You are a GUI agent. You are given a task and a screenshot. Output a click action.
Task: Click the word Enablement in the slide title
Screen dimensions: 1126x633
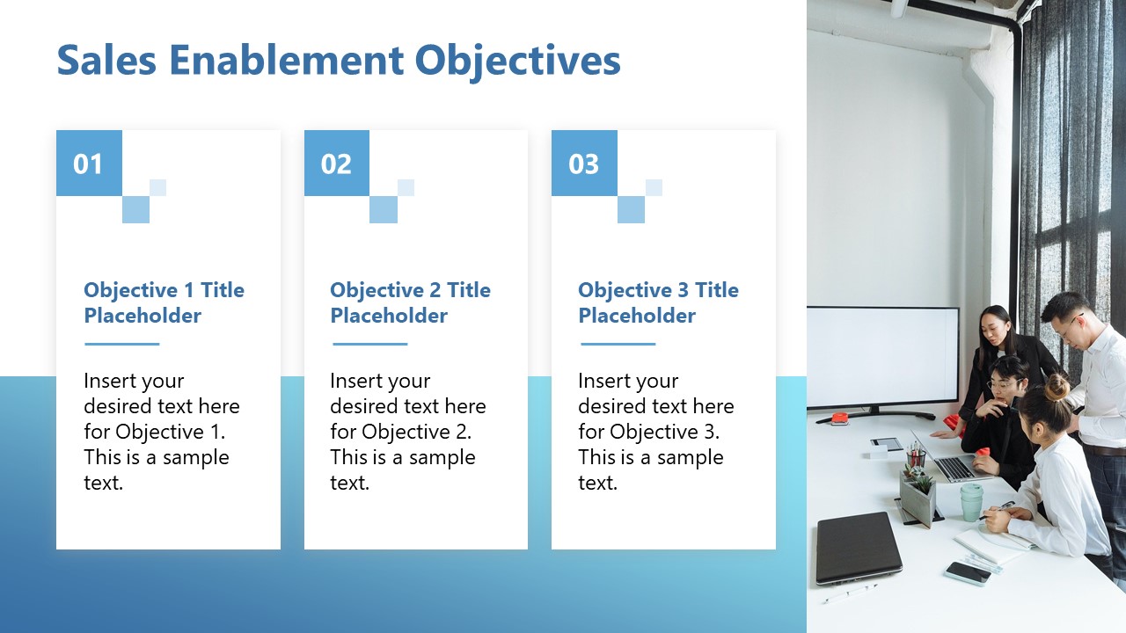pos(286,61)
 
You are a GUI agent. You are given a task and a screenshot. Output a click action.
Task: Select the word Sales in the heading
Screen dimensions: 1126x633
pos(106,61)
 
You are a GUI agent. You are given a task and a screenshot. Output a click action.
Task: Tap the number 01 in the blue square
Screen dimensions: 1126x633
pos(88,164)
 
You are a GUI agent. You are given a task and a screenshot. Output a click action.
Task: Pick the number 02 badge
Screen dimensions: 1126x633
pos(336,164)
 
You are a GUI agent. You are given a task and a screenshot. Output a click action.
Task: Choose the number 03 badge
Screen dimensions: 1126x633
pos(584,164)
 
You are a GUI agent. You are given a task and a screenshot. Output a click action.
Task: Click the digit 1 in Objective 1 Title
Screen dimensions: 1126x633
pos(189,290)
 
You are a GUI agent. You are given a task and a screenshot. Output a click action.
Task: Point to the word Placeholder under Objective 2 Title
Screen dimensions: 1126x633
pos(389,316)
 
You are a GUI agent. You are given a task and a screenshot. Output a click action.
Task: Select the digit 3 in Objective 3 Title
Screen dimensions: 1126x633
pos(684,290)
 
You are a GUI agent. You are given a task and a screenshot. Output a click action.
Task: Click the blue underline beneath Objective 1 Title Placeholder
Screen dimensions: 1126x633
pos(122,344)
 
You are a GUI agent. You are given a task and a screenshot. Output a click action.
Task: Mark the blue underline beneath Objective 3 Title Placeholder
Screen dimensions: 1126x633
pos(618,344)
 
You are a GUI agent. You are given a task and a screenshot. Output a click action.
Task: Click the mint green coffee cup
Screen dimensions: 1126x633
pos(972,502)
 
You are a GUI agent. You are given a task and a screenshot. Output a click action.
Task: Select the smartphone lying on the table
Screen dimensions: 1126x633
pos(968,573)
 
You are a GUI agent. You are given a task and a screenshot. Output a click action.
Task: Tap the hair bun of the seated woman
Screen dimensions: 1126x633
pos(1057,386)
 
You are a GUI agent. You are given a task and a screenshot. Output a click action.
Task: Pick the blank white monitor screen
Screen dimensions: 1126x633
pos(882,357)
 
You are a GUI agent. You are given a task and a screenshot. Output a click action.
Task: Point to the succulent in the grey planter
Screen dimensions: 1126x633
pos(921,484)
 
